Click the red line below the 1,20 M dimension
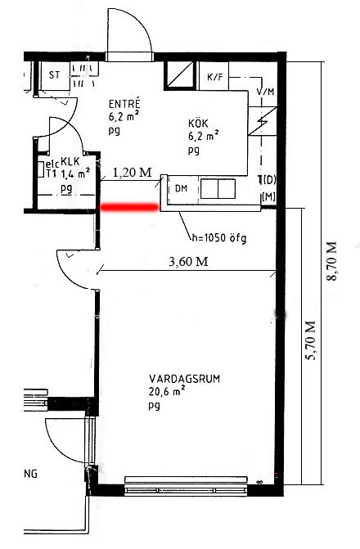click(129, 208)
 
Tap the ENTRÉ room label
click(124, 104)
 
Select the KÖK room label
click(198, 124)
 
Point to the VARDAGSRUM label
click(185, 379)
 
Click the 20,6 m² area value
click(167, 391)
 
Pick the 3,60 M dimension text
click(188, 261)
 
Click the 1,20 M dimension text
click(133, 172)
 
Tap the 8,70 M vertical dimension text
click(331, 261)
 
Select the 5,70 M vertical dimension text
click(311, 340)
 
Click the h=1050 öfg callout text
click(219, 238)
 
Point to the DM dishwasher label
click(181, 189)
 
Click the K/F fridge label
click(214, 77)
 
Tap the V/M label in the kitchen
click(265, 92)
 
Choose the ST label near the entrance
click(54, 74)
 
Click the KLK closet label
click(70, 162)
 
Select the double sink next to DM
click(218, 189)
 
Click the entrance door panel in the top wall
click(130, 56)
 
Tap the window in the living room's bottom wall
click(187, 485)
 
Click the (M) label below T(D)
click(268, 197)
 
